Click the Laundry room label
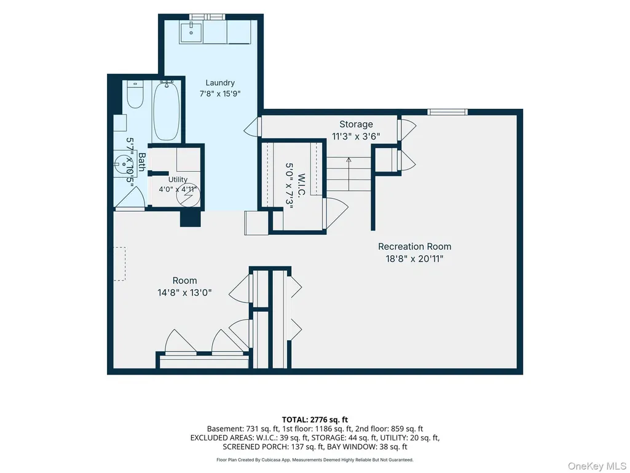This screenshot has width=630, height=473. [x=220, y=83]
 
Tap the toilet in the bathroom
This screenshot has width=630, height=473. [x=135, y=95]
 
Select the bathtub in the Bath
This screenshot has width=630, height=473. [x=167, y=110]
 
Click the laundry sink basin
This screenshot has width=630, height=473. [x=191, y=31]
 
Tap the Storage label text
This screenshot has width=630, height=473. [x=356, y=124]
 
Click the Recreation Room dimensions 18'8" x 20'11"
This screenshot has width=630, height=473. [x=414, y=258]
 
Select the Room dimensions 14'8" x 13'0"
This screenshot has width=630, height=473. [x=184, y=292]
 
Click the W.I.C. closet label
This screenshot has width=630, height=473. [x=301, y=185]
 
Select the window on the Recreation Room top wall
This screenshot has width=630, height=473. [x=447, y=111]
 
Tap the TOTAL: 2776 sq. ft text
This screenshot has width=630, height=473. [x=315, y=420]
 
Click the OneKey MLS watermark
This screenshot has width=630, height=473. [x=597, y=466]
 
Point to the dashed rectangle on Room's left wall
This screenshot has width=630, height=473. [x=120, y=264]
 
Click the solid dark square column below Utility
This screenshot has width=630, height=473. [x=190, y=218]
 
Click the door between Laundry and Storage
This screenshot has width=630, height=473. [x=253, y=126]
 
